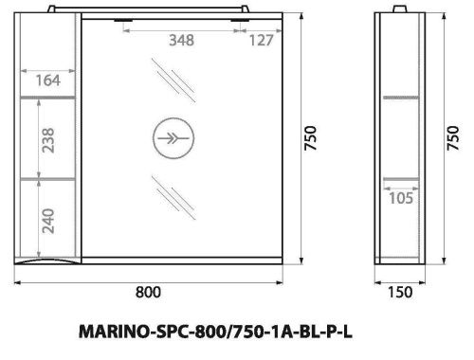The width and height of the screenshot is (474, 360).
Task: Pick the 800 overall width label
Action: click(146, 294)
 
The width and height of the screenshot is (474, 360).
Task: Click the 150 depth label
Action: click(400, 294)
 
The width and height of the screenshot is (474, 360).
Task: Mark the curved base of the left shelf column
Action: click(50, 259)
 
